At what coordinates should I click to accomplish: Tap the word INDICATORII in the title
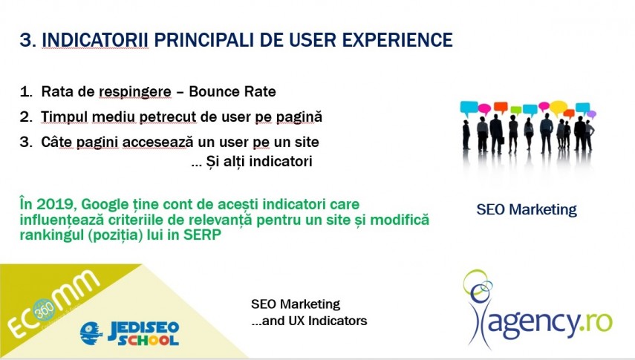coord(95,39)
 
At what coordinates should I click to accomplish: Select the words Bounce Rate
coord(232,91)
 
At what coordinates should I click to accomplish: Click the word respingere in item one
coord(135,92)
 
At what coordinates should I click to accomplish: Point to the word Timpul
coord(65,117)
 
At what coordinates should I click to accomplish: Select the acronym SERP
coord(203,235)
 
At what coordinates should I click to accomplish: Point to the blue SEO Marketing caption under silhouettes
coord(527,210)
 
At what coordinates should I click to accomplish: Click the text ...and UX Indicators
coord(309,321)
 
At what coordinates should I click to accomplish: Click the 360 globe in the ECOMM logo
coord(43,310)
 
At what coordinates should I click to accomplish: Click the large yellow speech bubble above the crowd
coord(558,108)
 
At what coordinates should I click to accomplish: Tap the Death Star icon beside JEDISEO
coord(91,333)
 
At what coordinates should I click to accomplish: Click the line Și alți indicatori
coord(252,162)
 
